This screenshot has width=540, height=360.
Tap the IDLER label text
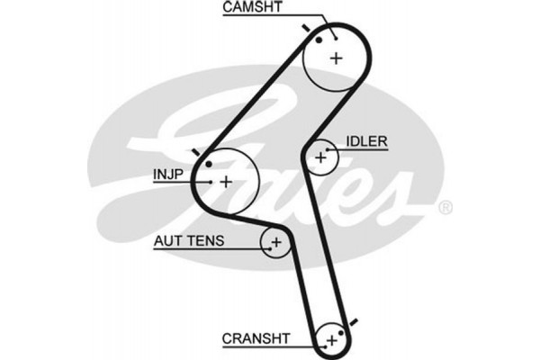365,141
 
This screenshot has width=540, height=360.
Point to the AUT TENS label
189,241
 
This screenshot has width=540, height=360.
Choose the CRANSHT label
256,338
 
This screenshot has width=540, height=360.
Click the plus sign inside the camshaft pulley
336,58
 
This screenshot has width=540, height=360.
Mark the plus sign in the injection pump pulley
226,182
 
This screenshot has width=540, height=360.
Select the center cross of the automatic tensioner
276,243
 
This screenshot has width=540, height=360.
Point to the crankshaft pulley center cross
331,340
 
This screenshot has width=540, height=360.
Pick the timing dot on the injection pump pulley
208,165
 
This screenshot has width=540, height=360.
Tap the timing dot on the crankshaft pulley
342,333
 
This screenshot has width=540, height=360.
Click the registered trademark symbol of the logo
445,208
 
